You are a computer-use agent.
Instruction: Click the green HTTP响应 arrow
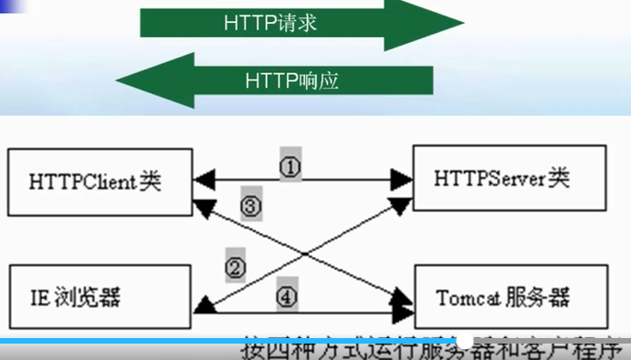301,79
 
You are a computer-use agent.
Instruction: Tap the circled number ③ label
251,206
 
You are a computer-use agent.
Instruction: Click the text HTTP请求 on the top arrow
270,23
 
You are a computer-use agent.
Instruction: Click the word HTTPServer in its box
487,177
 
